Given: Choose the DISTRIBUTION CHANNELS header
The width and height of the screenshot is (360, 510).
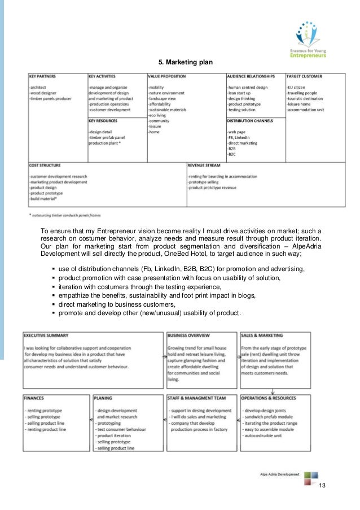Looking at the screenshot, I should [251, 120].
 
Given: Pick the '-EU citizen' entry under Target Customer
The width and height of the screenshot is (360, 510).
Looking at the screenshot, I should [298, 88].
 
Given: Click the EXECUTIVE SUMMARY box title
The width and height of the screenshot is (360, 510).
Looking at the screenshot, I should [46, 335].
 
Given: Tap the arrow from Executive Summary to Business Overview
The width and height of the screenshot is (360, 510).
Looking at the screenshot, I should [159, 335].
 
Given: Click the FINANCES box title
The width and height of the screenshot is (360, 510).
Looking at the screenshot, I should [35, 397].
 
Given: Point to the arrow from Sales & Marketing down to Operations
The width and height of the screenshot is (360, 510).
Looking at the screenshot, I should [273, 390].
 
